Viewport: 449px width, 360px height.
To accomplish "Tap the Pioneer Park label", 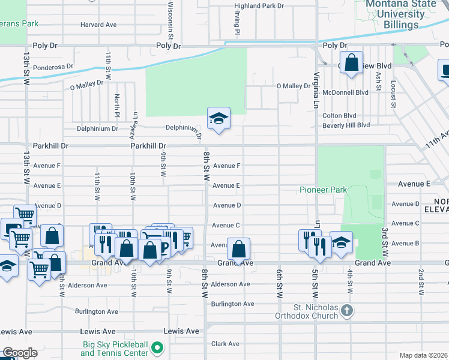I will (324, 190).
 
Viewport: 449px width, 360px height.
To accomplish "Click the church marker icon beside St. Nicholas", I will (346, 310).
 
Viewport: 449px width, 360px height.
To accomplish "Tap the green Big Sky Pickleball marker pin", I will (157, 347).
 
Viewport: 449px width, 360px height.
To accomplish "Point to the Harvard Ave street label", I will (98, 25).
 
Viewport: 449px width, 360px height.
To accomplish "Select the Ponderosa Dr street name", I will (53, 67).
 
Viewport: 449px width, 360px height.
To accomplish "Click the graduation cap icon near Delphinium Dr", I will (219, 119).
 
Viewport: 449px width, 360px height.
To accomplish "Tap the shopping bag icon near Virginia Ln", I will (352, 62).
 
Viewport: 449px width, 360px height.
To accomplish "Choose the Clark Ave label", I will (226, 344).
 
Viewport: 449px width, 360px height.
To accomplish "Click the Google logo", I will (19, 353).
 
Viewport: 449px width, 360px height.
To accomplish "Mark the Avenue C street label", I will (226, 225).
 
